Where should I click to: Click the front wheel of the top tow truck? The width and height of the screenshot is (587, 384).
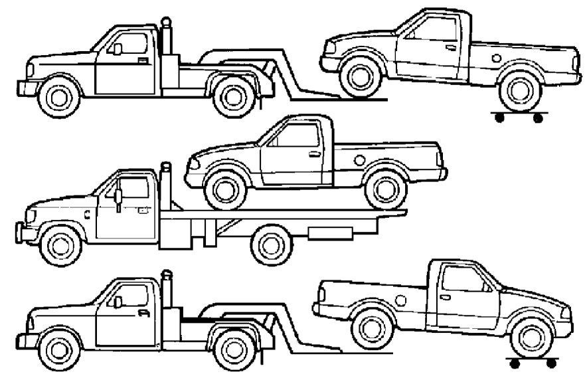(59, 96)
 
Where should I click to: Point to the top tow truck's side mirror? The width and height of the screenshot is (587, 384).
(117, 48)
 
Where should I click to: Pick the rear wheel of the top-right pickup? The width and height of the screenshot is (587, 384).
(520, 90)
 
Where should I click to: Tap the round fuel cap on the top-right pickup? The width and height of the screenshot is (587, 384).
(497, 58)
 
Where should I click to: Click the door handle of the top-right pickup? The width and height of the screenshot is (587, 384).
(451, 47)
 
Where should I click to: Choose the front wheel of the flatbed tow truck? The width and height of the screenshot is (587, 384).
(60, 244)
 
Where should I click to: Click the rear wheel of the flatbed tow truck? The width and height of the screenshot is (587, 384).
(272, 244)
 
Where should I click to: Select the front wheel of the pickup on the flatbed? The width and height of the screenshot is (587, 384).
(225, 188)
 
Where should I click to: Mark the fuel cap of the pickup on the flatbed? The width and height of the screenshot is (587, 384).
(359, 159)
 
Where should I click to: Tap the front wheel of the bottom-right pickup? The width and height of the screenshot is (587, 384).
(532, 336)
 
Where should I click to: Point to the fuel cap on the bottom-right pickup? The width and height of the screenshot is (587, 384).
(400, 301)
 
